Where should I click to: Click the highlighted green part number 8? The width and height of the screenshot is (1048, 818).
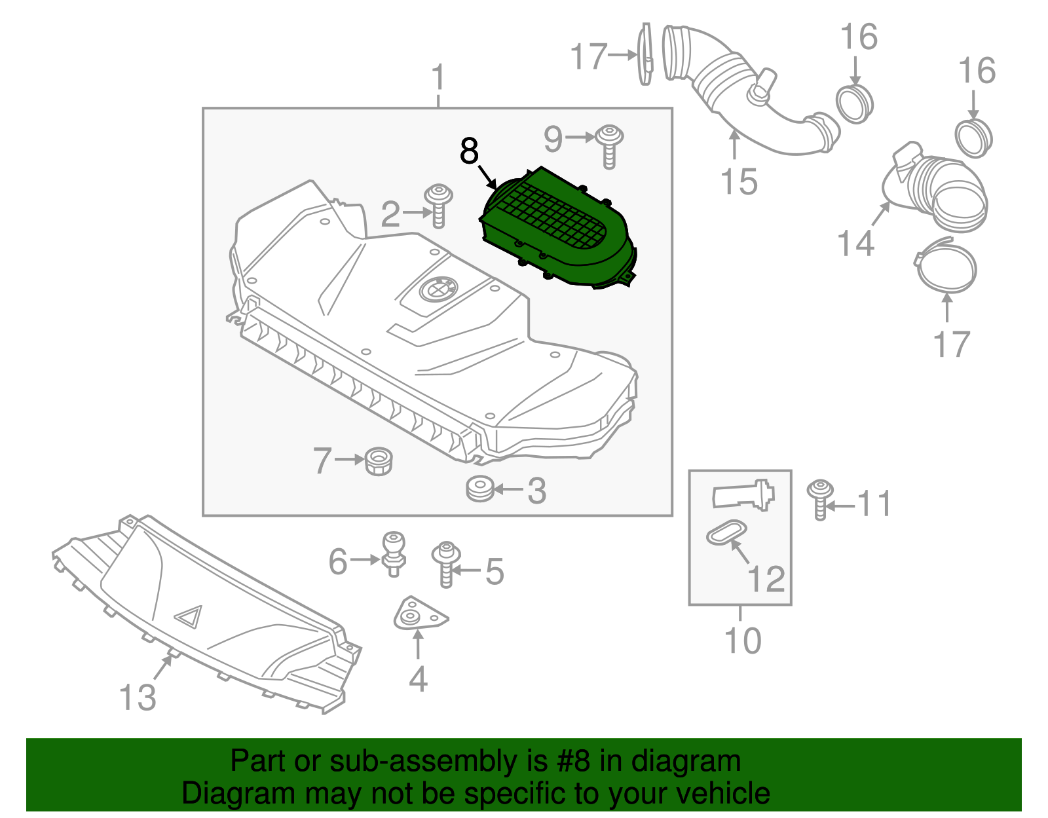tap(557, 229)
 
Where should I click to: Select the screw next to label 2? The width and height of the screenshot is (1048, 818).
tap(439, 204)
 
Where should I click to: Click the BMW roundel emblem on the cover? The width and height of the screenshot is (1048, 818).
tap(438, 288)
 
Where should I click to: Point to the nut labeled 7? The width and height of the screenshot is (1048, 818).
tap(379, 461)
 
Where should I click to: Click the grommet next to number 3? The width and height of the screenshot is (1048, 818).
tap(480, 489)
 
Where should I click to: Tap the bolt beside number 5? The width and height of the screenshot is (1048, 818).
tap(446, 563)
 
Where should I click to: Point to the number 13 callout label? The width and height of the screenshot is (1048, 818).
tap(138, 697)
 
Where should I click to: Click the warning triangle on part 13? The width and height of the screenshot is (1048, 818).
tap(189, 616)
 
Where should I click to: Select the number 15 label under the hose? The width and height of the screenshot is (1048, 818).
tap(739, 181)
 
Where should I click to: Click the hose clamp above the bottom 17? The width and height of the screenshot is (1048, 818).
tap(946, 266)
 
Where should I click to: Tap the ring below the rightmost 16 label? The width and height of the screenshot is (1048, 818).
tap(974, 138)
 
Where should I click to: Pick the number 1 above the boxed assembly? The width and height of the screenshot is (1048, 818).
tap(438, 78)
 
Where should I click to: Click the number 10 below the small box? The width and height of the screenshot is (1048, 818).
tap(743, 641)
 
